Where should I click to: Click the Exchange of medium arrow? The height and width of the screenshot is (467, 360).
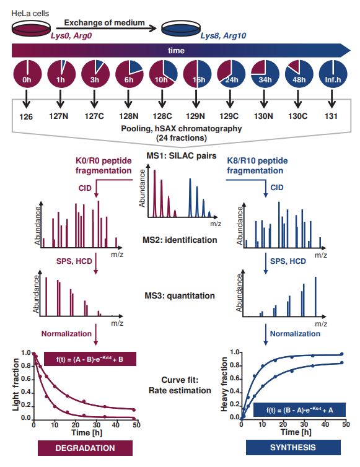pos(105,27)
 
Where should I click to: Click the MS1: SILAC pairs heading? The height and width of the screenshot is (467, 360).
pos(180,155)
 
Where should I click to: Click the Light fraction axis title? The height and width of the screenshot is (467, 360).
pos(11,387)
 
